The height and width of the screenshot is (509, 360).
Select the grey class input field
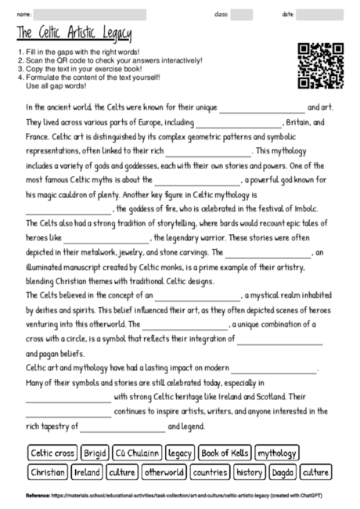pos(242,14)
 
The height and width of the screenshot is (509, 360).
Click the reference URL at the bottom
pos(180,496)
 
